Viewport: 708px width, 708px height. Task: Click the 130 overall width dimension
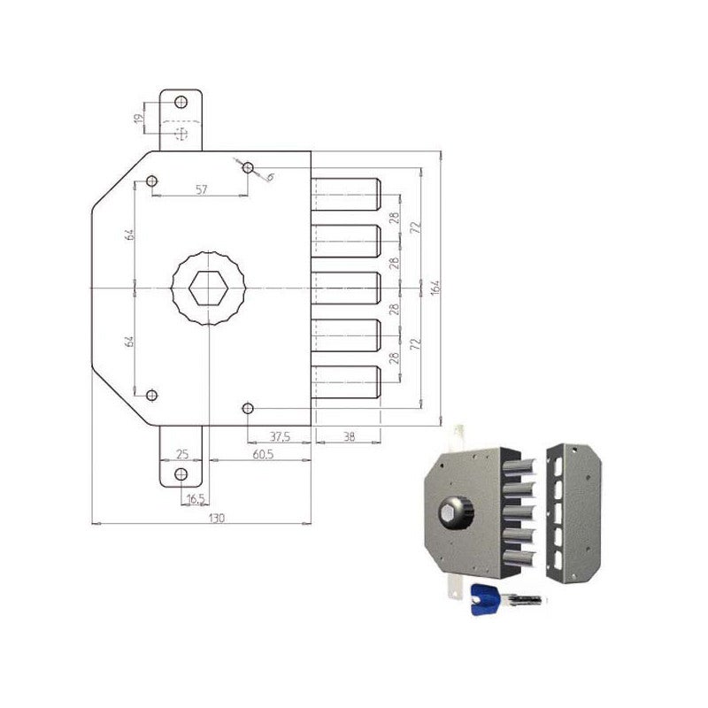pyautogui.click(x=217, y=518)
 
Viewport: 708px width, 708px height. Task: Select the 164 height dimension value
pyautogui.click(x=435, y=288)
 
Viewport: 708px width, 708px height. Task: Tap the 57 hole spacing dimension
pyautogui.click(x=201, y=189)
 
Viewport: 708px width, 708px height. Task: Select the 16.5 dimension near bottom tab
pyautogui.click(x=196, y=499)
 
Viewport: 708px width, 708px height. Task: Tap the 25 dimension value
pyautogui.click(x=182, y=454)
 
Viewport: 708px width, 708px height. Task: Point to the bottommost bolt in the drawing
pyautogui.click(x=345, y=382)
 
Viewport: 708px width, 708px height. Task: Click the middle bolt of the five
pyautogui.click(x=345, y=289)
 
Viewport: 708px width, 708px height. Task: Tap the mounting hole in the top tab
pyautogui.click(x=181, y=101)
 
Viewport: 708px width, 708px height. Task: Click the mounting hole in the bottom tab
pyautogui.click(x=181, y=474)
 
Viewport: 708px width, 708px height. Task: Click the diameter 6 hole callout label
pyautogui.click(x=269, y=177)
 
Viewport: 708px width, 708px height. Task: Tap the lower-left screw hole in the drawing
pyautogui.click(x=152, y=395)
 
